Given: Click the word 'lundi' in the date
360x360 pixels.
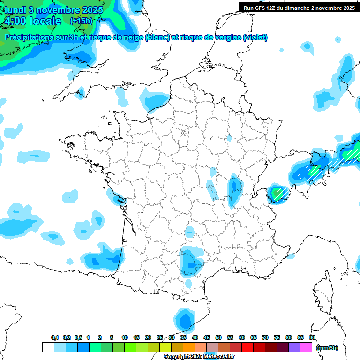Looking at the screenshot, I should point(15,10).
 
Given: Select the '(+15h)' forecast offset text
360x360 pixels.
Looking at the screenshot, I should point(81,21).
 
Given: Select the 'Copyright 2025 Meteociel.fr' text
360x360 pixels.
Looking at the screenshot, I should point(199,357).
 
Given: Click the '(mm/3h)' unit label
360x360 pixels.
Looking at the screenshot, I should point(327,348).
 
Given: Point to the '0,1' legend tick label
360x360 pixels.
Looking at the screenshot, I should point(55,338).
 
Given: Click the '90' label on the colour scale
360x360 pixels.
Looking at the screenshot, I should point(312,338).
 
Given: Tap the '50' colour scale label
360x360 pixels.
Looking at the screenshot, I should point(218,338).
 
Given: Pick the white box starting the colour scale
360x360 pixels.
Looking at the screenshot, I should point(48,347).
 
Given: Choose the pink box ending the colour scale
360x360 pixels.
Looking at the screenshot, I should point(307,347).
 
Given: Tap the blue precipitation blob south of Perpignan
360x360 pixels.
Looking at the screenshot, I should point(185,322).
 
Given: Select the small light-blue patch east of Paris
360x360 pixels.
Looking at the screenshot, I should point(229,138).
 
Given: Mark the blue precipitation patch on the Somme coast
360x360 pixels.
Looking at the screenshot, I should point(155,101).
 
